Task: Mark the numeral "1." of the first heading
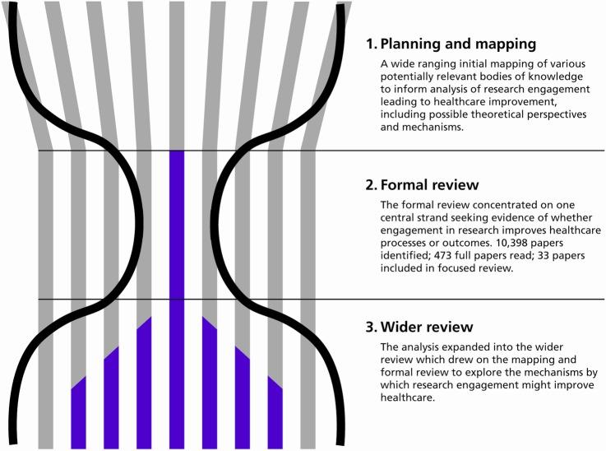[372, 44]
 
